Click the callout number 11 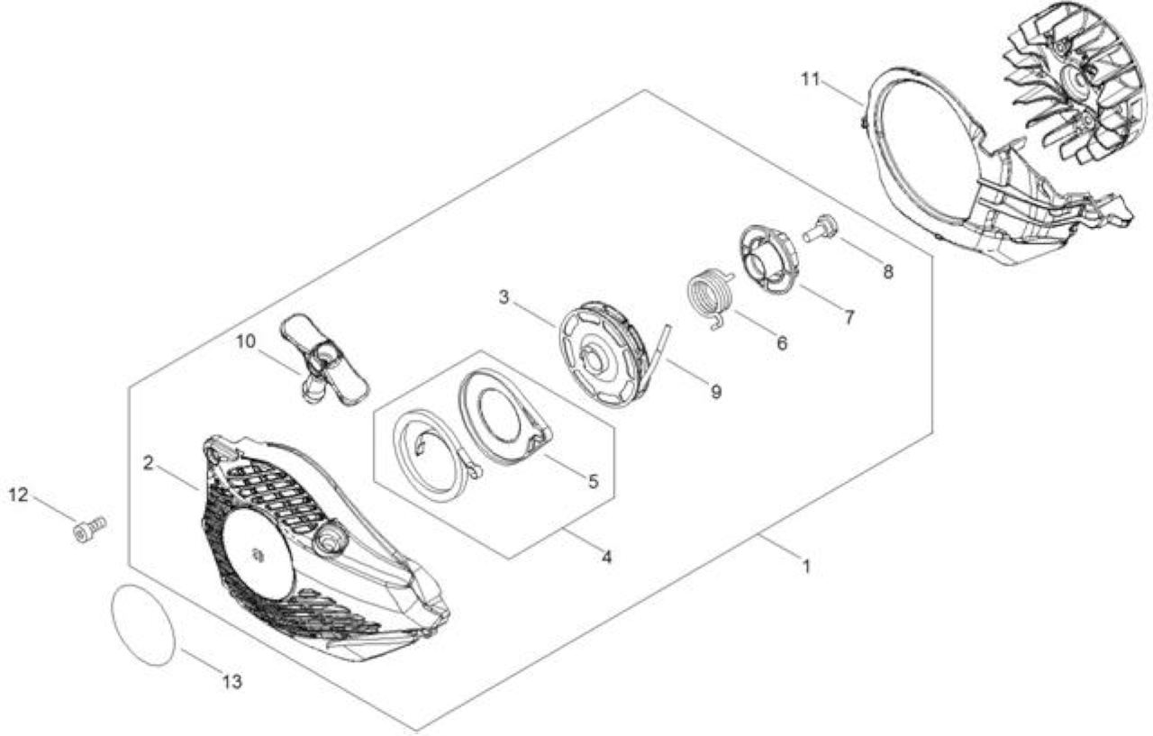pyautogui.click(x=810, y=79)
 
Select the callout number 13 pyautogui.click(x=232, y=681)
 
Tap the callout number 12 pyautogui.click(x=18, y=495)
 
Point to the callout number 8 pyautogui.click(x=888, y=271)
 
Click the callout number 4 pyautogui.click(x=607, y=557)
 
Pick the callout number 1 pyautogui.click(x=806, y=567)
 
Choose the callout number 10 pyautogui.click(x=246, y=341)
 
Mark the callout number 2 pyautogui.click(x=149, y=463)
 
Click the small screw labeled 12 pyautogui.click(x=89, y=529)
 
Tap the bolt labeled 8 pyautogui.click(x=820, y=230)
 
